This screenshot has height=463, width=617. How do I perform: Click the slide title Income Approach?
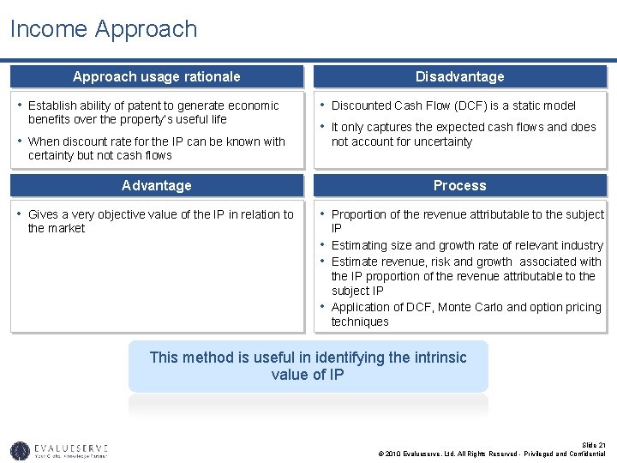coord(104,29)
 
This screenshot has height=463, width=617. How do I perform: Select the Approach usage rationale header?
coord(157,76)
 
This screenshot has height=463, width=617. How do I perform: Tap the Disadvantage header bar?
coord(460,76)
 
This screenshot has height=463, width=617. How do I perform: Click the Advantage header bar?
coord(157,185)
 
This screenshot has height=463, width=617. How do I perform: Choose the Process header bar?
coord(460,185)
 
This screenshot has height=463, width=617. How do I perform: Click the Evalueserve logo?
coord(58,449)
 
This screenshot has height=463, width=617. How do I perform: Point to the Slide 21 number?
coord(593,445)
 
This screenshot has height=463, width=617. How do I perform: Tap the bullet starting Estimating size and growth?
coord(467,245)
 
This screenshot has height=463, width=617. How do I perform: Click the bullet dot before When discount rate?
coord(19,141)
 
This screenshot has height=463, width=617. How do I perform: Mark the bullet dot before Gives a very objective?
coord(19,214)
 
